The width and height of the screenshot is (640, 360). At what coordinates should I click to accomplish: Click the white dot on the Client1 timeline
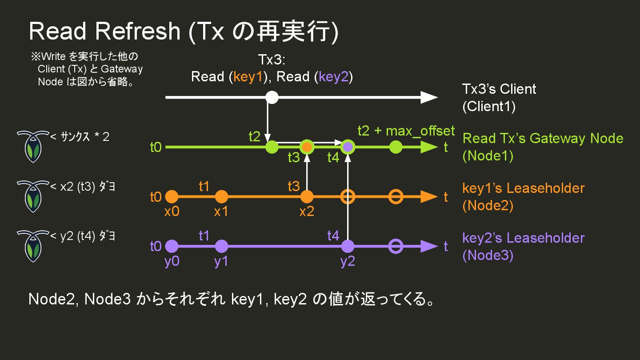(272, 97)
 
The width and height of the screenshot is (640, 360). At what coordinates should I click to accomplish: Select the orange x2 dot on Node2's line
(307, 196)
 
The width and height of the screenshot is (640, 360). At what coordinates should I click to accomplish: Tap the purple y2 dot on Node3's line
(348, 246)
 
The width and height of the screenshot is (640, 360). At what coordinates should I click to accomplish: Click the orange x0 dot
(172, 196)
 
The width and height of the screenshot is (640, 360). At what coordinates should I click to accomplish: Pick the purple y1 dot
(221, 246)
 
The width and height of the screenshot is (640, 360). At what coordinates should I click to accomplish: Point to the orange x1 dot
(221, 196)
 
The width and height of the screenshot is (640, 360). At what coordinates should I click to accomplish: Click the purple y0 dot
(172, 246)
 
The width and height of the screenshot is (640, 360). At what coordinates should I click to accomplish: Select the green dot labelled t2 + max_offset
(396, 147)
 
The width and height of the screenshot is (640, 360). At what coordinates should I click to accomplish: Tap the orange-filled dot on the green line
(307, 147)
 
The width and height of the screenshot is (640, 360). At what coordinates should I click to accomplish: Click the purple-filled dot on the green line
(348, 147)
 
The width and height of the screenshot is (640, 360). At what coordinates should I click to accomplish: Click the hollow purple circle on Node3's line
(396, 246)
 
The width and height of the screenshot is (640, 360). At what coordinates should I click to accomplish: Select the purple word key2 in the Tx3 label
(333, 77)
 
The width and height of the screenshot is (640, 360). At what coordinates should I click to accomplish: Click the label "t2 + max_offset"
(406, 131)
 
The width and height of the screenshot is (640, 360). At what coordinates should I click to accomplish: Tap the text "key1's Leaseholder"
(523, 188)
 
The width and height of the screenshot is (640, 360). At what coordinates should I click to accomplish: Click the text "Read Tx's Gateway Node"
(543, 138)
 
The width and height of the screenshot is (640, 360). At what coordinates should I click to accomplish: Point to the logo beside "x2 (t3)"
(32, 196)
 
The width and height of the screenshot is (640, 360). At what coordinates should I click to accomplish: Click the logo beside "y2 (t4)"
(32, 246)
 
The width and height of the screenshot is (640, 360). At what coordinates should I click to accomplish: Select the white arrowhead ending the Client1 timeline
(429, 97)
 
